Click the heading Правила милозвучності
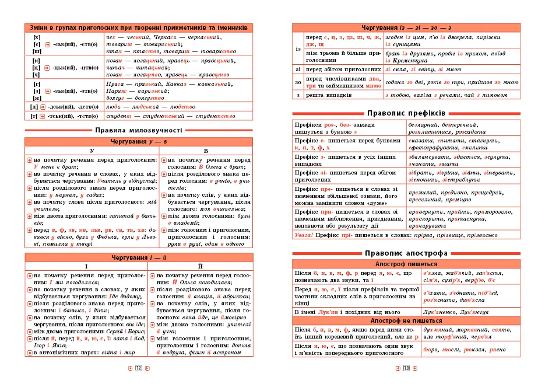coord(139,130)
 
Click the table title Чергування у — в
coord(139,142)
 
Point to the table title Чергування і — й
coord(139,257)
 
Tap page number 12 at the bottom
coord(139,368)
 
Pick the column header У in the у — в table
coord(92,151)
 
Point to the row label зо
coord(298,82)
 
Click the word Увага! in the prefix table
coord(304,235)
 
